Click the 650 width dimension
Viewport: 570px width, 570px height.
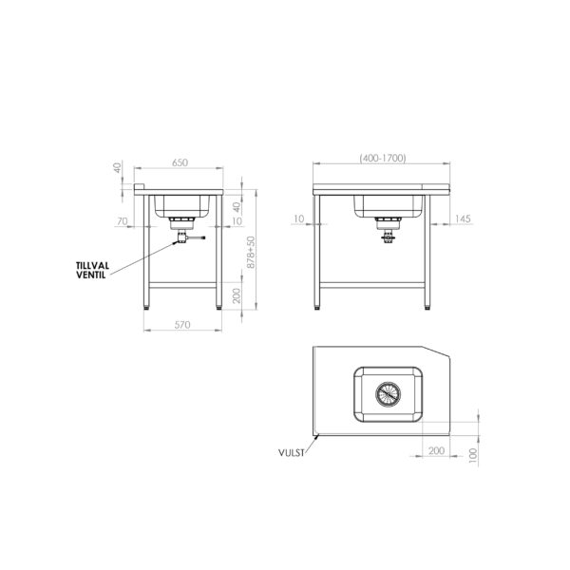(180, 162)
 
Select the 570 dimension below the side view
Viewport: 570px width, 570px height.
(182, 325)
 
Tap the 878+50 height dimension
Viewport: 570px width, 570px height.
(251, 253)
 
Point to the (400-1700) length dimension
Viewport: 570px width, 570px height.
(383, 158)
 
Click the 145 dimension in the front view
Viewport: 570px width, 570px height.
(463, 218)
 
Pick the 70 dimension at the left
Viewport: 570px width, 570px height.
(123, 221)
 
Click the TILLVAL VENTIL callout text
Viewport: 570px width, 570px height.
(92, 270)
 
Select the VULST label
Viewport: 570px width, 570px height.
(292, 453)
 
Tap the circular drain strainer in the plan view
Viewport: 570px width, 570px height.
(389, 394)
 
